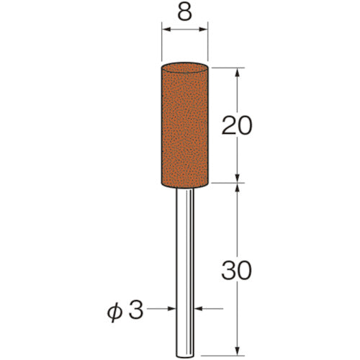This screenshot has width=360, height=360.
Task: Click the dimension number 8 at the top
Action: pos(185,12)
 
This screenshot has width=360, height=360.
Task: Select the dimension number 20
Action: pos(237,125)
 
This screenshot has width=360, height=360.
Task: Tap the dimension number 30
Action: pos(236,271)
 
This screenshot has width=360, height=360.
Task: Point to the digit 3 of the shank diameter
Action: pos(136,310)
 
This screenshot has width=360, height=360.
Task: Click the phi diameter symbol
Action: pos(114,311)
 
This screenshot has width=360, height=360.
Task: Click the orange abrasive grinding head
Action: pos(184,125)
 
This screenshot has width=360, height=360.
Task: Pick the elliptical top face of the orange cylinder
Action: pos(184,68)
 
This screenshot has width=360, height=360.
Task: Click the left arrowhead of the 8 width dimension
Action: pos(166,30)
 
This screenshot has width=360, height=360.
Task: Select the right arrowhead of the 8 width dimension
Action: pos(203,30)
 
